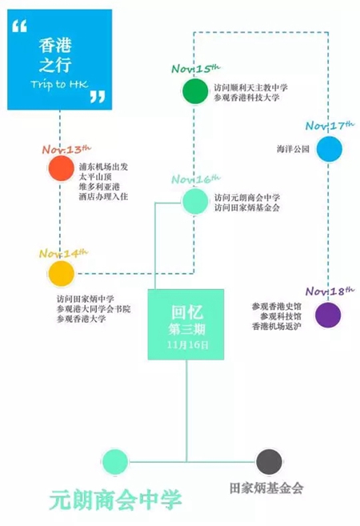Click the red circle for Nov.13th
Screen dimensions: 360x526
61,168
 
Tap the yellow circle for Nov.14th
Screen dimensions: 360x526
61,273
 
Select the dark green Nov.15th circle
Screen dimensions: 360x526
194,91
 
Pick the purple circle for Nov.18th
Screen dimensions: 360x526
328,315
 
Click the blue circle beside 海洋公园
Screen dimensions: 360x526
329,149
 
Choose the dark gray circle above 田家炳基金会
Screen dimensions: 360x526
269,462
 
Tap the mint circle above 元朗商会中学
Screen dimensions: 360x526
115,462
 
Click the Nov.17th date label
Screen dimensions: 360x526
330,126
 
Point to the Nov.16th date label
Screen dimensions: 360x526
196,179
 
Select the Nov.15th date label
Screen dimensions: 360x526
196,68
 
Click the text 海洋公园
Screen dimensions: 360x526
293,149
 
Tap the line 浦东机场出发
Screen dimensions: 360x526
103,167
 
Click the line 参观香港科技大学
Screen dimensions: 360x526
247,98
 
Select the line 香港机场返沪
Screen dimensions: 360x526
277,326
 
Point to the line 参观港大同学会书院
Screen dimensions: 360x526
94,308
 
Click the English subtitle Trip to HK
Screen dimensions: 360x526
59,84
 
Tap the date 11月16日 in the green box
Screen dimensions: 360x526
187,345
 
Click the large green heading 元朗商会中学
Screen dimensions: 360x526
115,500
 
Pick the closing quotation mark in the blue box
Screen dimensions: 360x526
98,97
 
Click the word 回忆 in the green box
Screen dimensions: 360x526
186,313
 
